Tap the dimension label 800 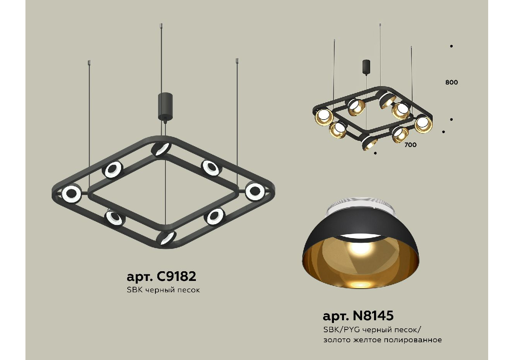coord(452,82)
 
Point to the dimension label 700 coord(411,145)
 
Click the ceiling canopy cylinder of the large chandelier coord(165,106)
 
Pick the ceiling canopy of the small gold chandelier coord(366,67)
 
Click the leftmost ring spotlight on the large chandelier coord(71,194)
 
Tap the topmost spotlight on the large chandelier coord(161,149)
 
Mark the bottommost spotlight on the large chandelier coord(166,238)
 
